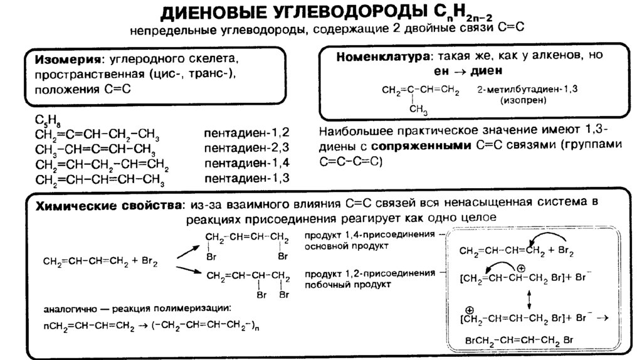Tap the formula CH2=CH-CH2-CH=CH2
102,165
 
